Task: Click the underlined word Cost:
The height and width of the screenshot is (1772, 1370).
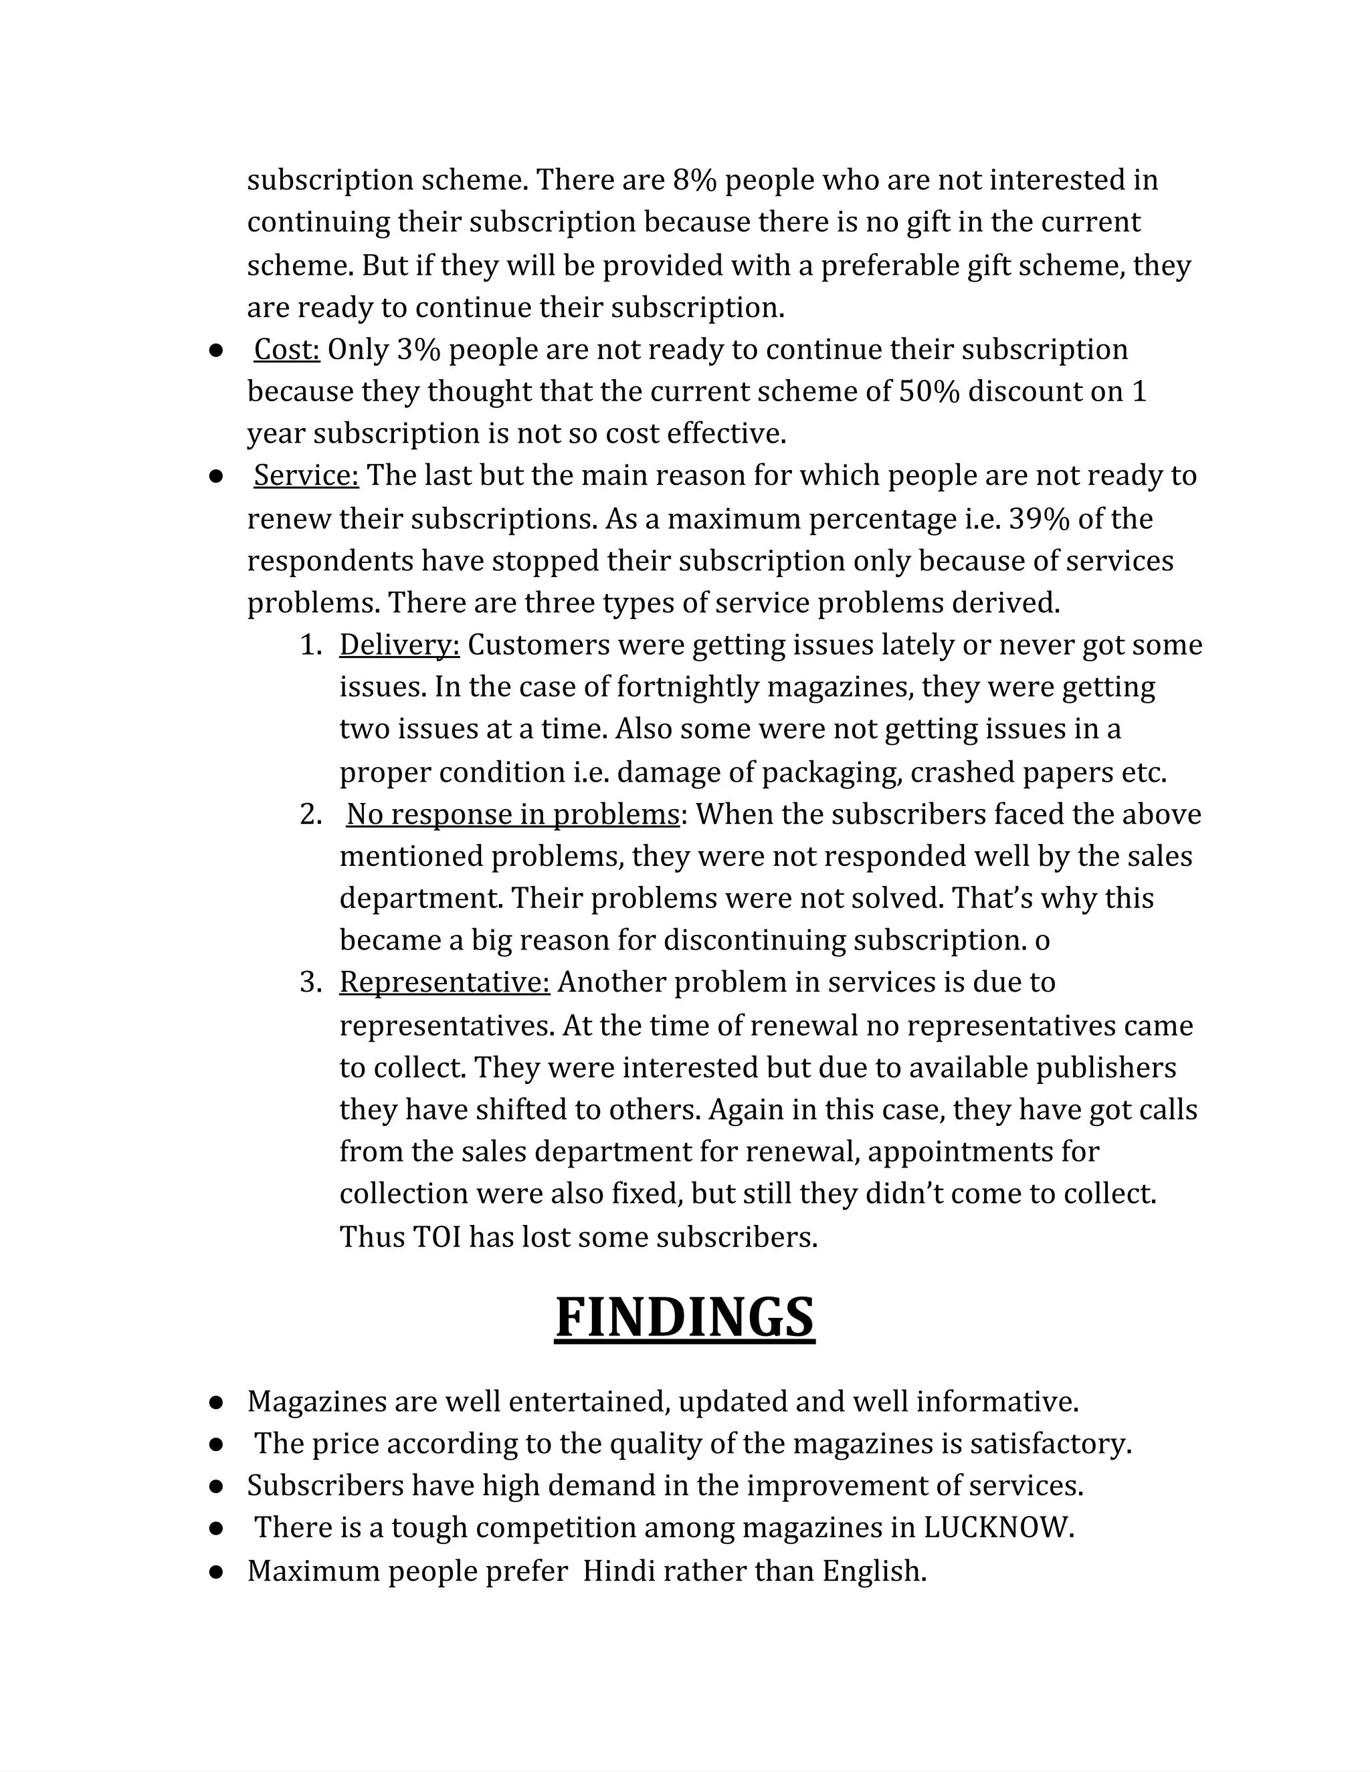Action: (286, 349)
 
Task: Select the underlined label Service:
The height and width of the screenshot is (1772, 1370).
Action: (306, 475)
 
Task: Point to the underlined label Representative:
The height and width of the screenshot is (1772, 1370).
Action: (444, 982)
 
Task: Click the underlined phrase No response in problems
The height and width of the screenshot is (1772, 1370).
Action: (513, 814)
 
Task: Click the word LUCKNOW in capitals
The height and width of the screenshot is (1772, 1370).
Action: (998, 1527)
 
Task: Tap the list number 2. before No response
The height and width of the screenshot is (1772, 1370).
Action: (311, 814)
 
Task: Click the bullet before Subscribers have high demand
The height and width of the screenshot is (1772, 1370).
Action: (216, 1486)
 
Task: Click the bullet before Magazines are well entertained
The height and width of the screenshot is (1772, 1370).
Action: (216, 1401)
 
